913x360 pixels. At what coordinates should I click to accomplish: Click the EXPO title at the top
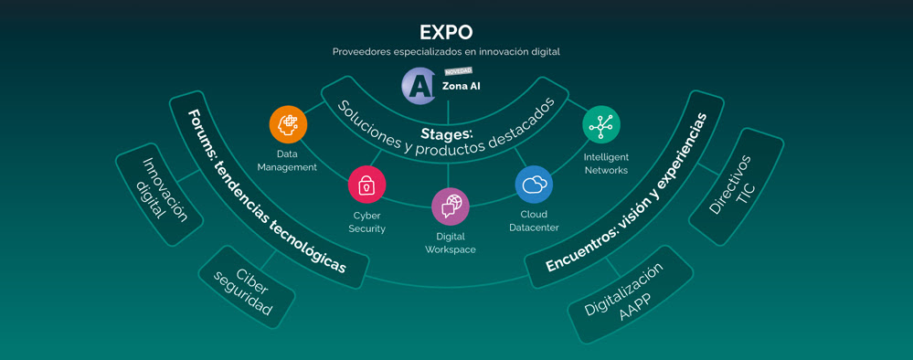tap(446, 33)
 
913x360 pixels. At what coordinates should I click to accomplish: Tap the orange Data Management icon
tap(288, 124)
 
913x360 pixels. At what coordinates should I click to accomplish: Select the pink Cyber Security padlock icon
tap(366, 185)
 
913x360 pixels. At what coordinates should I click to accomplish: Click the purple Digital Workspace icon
tap(450, 206)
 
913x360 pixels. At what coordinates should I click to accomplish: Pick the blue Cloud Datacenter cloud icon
tap(534, 184)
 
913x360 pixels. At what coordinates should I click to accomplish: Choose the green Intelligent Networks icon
tap(601, 124)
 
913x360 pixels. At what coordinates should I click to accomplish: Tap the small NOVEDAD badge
tap(458, 71)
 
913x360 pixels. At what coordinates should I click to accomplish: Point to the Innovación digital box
tap(160, 194)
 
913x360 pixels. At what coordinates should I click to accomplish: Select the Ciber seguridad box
tap(247, 287)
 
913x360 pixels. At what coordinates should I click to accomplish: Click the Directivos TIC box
tap(736, 186)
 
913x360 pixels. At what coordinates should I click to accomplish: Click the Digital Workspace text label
tap(450, 243)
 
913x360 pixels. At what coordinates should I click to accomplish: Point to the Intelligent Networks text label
tap(606, 164)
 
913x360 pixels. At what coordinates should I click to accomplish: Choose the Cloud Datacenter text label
tap(534, 221)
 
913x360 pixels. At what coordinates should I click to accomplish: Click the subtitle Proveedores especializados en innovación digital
tap(446, 52)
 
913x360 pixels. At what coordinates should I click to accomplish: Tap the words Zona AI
tap(462, 86)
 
